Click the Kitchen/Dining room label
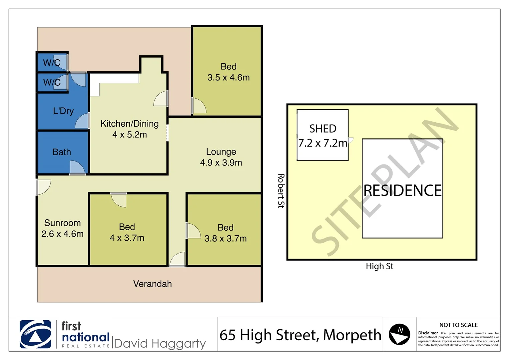130,124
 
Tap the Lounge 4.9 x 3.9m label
221,157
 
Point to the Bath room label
62,152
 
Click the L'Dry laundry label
63,111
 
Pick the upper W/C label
52,62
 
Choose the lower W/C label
52,82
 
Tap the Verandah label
153,284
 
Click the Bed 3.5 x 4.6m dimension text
229,77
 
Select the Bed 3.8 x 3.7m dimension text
226,238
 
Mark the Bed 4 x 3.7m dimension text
127,238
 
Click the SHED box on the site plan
322,135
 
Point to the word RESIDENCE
402,190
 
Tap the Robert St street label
281,191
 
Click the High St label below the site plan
379,266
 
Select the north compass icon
399,334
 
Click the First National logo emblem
35,334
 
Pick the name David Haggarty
160,343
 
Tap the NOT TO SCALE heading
458,325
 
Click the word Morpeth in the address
352,335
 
